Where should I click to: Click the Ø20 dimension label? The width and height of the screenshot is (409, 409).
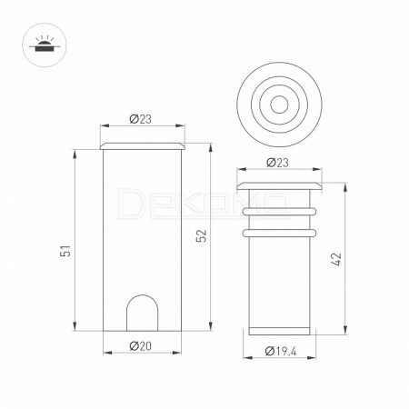(x=141, y=346)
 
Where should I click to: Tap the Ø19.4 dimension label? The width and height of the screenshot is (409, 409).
(x=281, y=351)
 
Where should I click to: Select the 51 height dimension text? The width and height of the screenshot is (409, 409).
(x=65, y=250)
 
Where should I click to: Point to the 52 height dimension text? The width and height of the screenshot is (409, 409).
(x=202, y=235)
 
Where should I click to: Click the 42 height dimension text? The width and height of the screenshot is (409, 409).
(x=336, y=259)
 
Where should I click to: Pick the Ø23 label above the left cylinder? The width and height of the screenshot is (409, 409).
(x=140, y=119)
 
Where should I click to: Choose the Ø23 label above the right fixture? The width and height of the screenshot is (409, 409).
(x=277, y=163)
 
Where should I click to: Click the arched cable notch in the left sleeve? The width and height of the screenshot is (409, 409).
(x=143, y=312)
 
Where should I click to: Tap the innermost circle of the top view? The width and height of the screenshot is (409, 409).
(x=279, y=105)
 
